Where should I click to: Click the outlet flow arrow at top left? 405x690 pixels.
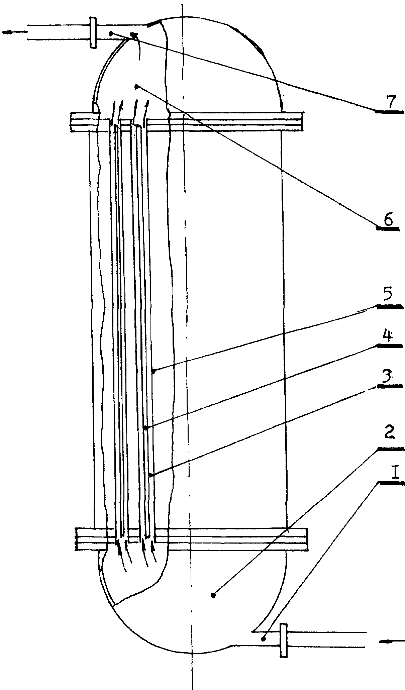pyautogui.click(x=15, y=32)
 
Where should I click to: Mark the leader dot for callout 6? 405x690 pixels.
pyautogui.click(x=136, y=87)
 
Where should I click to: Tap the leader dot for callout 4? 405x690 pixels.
pyautogui.click(x=145, y=428)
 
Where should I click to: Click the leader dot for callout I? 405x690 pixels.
pyautogui.click(x=264, y=638)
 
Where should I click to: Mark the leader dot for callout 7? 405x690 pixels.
pyautogui.click(x=111, y=33)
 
